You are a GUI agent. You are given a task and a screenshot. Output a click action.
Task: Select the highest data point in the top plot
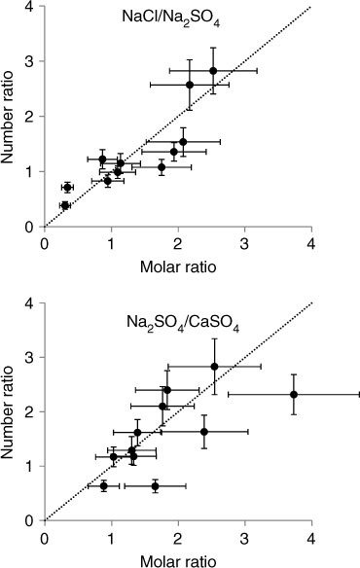[213, 71]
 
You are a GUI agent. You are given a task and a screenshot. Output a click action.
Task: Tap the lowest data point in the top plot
[65, 205]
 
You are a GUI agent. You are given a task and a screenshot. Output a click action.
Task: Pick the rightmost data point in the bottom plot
[294, 395]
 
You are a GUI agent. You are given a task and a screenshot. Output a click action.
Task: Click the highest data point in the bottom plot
[215, 367]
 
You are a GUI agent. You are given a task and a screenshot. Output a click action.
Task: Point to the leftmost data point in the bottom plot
[104, 485]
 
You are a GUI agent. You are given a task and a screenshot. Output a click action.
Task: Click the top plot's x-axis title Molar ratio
[178, 267]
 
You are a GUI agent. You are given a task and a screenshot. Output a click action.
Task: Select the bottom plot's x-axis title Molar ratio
[178, 561]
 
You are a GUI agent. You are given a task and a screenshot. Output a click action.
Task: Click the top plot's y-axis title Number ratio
[7, 117]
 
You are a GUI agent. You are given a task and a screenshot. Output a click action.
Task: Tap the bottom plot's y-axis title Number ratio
[7, 411]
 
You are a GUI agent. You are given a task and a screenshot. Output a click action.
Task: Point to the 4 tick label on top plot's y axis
[31, 7]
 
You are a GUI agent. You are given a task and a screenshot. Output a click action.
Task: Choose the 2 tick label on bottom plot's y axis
[31, 411]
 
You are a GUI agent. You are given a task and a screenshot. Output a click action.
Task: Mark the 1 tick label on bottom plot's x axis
[111, 538]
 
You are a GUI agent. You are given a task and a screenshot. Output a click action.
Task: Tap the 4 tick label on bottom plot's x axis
[311, 538]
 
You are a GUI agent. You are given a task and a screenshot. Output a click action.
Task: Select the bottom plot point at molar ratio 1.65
[155, 485]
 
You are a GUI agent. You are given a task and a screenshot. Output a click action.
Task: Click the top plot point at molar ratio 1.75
[162, 167]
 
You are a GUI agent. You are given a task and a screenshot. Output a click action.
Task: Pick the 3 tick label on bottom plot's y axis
[31, 357]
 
